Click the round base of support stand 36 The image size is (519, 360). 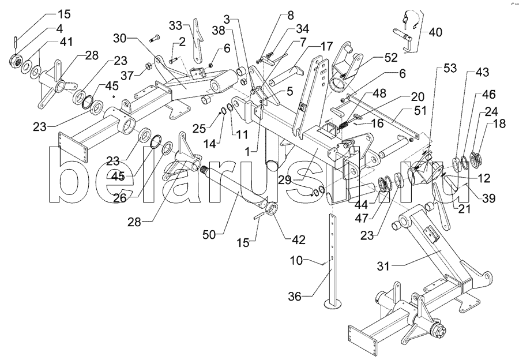click(333, 304)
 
